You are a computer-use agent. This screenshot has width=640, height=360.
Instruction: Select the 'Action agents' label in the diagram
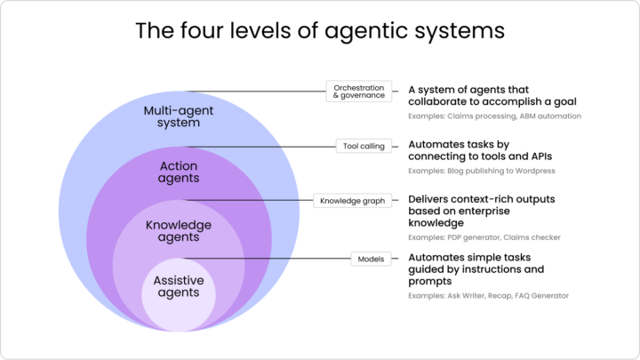(179, 172)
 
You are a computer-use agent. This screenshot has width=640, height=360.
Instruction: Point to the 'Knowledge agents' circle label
(179, 231)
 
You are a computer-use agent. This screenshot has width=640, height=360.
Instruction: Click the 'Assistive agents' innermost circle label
(179, 286)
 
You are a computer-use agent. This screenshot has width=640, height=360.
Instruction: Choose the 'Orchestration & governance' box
(359, 92)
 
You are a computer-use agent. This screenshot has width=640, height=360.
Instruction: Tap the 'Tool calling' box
(364, 146)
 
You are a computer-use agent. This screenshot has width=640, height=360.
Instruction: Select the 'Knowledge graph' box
(353, 201)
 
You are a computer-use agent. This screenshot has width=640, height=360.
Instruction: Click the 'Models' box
(371, 259)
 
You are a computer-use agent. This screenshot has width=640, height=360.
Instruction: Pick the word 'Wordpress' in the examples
(532, 171)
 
